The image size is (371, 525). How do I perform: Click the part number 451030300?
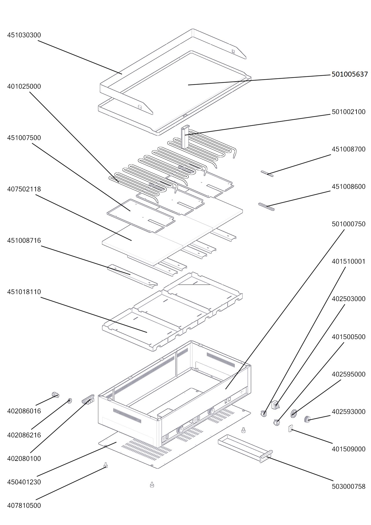(x=24, y=35)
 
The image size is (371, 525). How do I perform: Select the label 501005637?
(x=350, y=74)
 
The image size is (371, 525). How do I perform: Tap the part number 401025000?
(x=24, y=86)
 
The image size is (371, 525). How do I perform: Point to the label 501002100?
(x=348, y=112)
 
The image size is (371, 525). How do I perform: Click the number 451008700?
(x=348, y=149)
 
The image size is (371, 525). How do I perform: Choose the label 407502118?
(x=24, y=189)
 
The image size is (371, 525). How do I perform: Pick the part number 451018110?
(x=24, y=292)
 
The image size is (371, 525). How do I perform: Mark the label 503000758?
(x=348, y=486)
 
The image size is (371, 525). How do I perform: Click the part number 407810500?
(x=24, y=505)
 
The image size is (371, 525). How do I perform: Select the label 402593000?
(x=348, y=412)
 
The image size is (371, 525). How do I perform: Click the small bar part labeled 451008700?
(x=267, y=173)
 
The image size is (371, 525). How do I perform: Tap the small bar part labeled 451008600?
(x=266, y=207)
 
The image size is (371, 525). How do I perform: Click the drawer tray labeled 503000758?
(x=245, y=448)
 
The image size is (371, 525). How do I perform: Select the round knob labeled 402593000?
(x=307, y=419)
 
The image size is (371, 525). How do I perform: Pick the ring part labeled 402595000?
(x=294, y=414)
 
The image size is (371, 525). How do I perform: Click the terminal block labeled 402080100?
(x=88, y=400)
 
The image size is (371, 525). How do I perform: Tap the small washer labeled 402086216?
(x=70, y=401)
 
